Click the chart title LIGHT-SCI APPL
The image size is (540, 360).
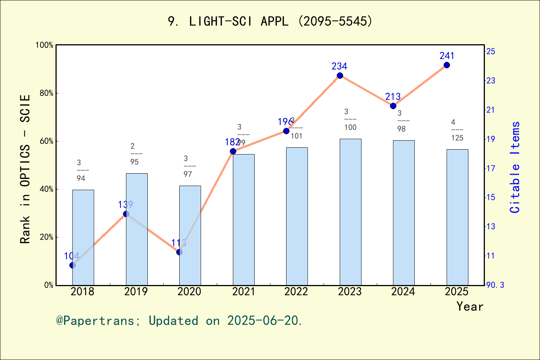[270, 21]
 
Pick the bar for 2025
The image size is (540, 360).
[457, 217]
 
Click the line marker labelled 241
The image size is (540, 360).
[447, 65]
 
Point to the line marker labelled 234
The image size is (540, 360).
[340, 76]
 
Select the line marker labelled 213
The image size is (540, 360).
[393, 106]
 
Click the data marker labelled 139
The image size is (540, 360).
[126, 214]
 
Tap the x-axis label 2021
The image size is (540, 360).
[243, 292]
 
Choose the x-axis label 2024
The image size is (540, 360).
[403, 292]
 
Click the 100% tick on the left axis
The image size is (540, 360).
[45, 45]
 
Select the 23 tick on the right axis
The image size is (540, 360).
[491, 81]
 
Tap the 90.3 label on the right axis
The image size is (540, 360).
[495, 285]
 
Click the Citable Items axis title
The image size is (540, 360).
[515, 167]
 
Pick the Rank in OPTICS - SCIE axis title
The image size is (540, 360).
[25, 169]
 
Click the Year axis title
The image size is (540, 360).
[470, 307]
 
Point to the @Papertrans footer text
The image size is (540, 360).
[179, 321]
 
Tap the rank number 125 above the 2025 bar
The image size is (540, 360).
[457, 138]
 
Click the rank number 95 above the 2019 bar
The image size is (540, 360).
[135, 162]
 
